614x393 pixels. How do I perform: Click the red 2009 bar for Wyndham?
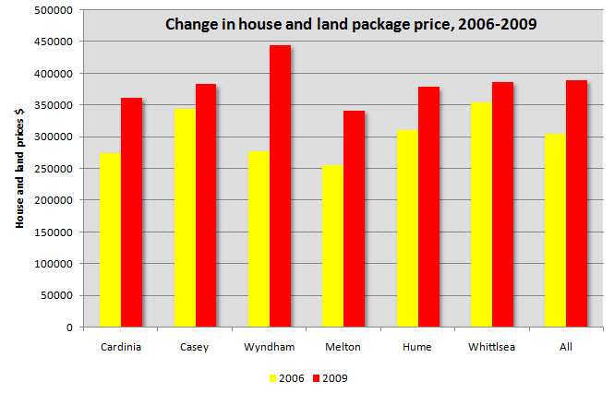coord(280,185)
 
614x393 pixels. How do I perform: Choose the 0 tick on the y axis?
coord(69,327)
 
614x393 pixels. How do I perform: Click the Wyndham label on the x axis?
coord(269,347)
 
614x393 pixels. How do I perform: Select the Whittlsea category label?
coord(492,347)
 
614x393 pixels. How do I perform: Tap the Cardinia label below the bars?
coord(120,347)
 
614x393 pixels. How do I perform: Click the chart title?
coord(350,24)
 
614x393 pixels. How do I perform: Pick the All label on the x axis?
coord(566,347)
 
